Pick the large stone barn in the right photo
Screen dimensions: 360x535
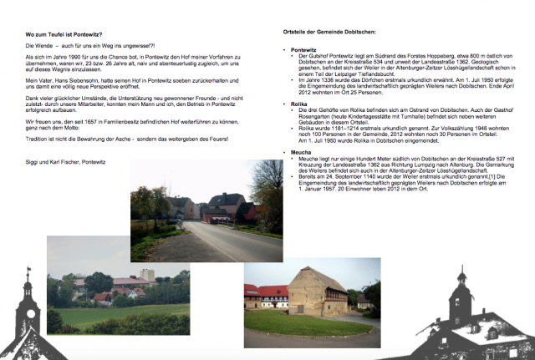click(318, 293)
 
